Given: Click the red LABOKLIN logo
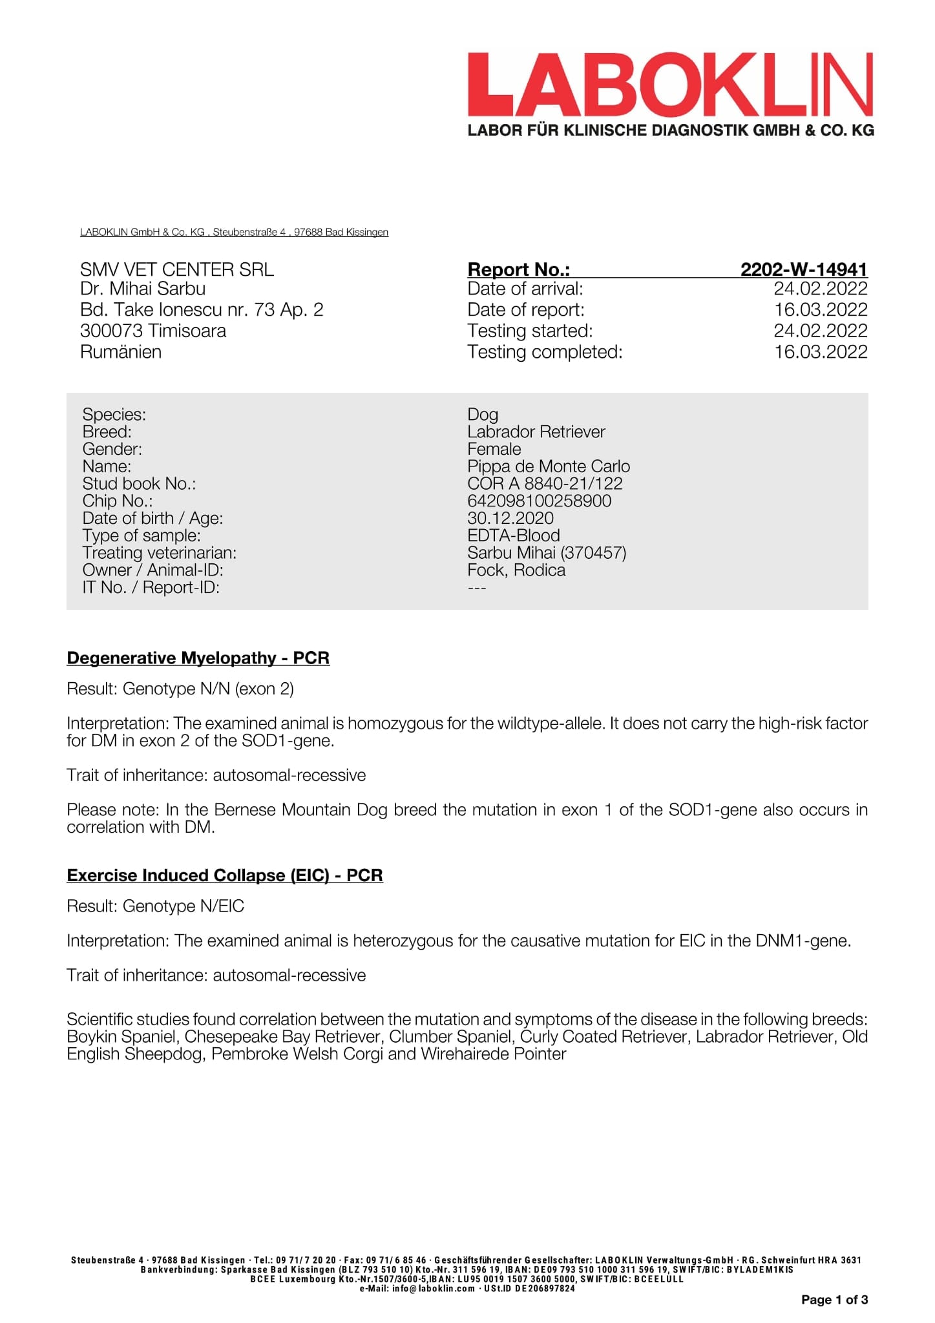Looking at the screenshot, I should click(x=669, y=85).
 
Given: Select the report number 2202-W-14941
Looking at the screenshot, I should click(x=803, y=269).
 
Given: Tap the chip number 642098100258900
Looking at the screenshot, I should click(x=539, y=501).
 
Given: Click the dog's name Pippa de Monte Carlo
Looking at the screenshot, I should click(x=548, y=466).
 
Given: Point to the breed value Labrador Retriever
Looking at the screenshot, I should click(x=536, y=432).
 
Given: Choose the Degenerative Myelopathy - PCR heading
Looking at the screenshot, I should click(x=198, y=658).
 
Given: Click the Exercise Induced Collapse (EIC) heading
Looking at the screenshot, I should click(x=224, y=875).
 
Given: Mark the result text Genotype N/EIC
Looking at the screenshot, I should click(x=184, y=906).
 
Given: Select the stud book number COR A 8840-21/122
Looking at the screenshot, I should click(x=545, y=483).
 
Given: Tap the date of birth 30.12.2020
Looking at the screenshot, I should click(x=510, y=518).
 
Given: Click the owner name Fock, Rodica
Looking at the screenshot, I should click(x=516, y=570).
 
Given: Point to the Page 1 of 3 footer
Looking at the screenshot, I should click(x=834, y=1300).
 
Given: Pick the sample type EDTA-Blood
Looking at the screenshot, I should click(x=514, y=536).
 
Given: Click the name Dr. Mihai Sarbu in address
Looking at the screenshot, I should click(x=143, y=289).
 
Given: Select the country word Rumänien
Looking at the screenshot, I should click(x=121, y=352).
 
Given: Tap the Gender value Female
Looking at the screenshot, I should click(x=494, y=449).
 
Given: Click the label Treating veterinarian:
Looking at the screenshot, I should click(x=159, y=553).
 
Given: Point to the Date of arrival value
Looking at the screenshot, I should click(x=820, y=289).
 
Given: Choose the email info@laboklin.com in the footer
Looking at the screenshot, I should click(x=434, y=1288).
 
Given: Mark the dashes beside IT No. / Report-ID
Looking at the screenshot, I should click(x=477, y=587).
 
